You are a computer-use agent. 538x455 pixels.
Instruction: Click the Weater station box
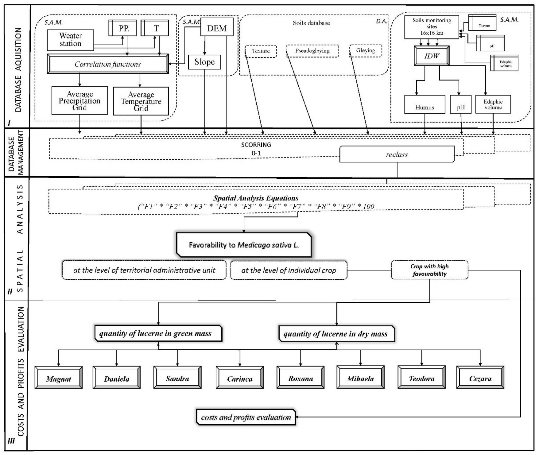point(70,40)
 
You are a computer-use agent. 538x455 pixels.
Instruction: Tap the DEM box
point(217,27)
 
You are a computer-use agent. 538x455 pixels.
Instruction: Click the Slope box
point(204,62)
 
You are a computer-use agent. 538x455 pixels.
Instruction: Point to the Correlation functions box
point(108,64)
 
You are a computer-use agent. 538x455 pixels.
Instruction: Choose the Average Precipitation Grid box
point(79,101)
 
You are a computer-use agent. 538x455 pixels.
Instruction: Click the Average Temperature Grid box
point(141,101)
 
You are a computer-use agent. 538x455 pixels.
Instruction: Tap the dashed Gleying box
point(365,50)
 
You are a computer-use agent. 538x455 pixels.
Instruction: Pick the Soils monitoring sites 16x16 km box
point(431,27)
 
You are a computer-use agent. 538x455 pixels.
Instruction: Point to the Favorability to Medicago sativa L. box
point(244,245)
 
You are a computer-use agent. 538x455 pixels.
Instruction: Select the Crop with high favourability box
point(429,270)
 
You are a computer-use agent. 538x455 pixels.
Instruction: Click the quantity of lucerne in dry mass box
point(337,334)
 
